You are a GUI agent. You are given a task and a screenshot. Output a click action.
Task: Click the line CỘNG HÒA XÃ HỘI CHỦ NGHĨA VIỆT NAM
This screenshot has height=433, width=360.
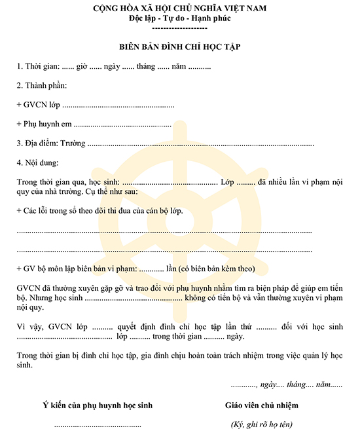point(179,8)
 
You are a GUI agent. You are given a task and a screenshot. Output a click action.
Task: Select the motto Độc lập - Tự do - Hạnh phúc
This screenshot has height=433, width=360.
point(179,18)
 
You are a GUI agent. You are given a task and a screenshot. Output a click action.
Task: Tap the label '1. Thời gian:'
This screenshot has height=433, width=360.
point(38,67)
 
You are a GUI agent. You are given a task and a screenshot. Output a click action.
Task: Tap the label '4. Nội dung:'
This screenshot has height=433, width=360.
point(37,162)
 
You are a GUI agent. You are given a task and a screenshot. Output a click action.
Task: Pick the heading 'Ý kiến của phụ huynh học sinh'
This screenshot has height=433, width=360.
point(97,405)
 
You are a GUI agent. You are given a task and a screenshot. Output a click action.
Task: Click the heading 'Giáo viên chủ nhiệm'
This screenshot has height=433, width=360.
point(261,405)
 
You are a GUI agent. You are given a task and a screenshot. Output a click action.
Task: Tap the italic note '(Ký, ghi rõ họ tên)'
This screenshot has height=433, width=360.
point(262,424)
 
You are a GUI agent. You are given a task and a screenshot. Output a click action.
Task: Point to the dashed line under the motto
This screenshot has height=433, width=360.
point(179,29)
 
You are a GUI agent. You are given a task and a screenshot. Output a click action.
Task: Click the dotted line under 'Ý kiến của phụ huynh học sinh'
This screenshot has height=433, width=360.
point(97,425)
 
